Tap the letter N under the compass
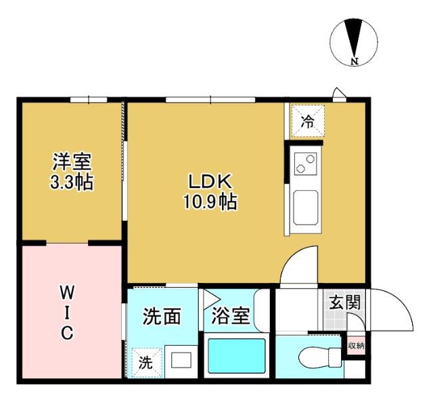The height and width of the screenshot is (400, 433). pos(354,62)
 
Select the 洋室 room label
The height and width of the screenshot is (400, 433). pos(72,162)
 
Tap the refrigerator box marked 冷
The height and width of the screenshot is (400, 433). pos(307,122)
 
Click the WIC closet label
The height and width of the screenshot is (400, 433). pos(68,312)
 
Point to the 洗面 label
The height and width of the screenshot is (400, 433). pos(162,316)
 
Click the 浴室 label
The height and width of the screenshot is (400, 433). pos(231,316)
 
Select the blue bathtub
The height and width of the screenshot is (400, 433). pos(237,356)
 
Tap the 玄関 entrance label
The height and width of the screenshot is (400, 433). pos(344,302)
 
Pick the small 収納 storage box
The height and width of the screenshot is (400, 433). pos(355,346)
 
